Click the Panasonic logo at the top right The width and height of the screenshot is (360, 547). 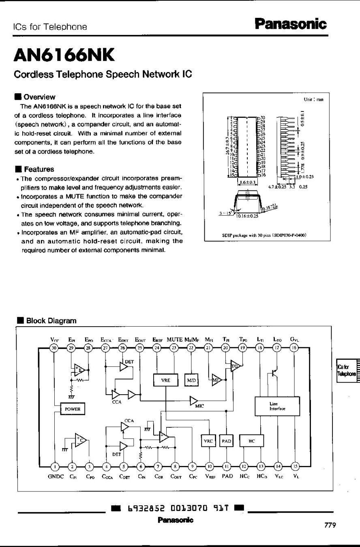290,24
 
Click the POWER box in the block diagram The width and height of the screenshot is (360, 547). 71,409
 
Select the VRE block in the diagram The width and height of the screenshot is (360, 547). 166,380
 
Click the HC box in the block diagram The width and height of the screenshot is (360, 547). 251,441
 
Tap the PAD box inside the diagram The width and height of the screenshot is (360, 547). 226,441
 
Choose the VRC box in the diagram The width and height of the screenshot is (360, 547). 208,441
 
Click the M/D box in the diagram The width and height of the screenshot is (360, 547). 191,380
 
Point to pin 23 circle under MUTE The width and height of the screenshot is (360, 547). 174,347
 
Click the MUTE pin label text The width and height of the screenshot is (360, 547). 175,340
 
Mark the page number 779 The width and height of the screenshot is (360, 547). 330,526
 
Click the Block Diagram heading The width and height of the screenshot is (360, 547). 51,321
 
